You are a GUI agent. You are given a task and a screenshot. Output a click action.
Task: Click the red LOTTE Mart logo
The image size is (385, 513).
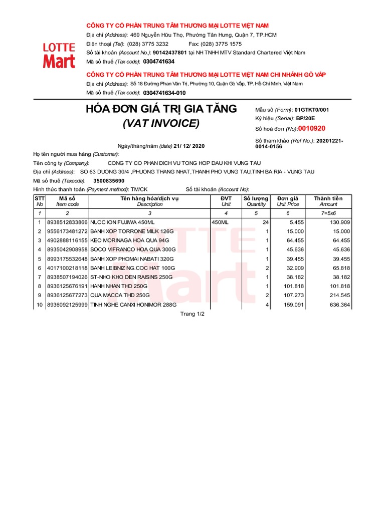click(x=59, y=55)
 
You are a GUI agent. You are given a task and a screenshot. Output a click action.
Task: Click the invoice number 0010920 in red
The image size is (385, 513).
click(x=311, y=128)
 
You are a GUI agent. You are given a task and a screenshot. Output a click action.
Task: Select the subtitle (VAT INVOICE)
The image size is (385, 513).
click(x=161, y=123)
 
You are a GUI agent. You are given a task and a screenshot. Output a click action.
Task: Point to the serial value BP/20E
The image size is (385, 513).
click(x=306, y=119)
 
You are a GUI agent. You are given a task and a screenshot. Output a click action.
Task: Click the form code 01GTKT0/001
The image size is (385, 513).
click(x=312, y=109)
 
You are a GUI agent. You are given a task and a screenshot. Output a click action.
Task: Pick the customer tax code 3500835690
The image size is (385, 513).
click(x=109, y=180)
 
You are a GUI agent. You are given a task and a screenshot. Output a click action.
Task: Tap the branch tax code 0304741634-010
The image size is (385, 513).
click(x=164, y=93)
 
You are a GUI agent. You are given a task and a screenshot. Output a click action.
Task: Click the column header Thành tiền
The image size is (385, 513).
click(x=328, y=198)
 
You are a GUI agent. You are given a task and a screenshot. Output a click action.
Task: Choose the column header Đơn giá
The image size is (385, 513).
click(x=288, y=198)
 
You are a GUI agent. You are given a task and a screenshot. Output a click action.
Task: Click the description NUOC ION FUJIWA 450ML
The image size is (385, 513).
click(x=122, y=222)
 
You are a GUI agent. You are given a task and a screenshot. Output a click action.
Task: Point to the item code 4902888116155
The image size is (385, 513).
click(x=67, y=240)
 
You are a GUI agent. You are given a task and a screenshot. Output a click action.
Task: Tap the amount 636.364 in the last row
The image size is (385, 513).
click(x=339, y=305)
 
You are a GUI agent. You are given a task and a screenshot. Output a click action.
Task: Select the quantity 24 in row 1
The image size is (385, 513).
click(x=266, y=222)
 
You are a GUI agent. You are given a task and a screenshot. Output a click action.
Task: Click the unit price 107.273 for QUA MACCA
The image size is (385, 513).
click(x=293, y=296)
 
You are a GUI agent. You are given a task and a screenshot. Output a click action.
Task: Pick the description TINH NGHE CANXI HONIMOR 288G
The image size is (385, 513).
click(x=133, y=305)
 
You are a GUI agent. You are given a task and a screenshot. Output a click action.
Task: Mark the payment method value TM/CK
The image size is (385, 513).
click(x=139, y=189)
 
